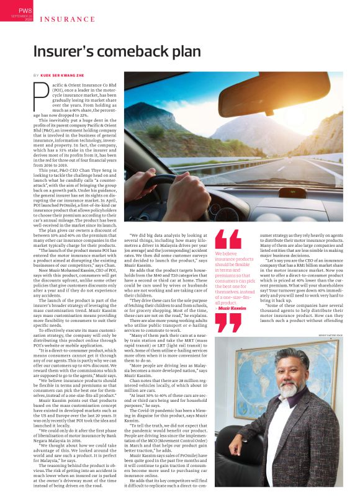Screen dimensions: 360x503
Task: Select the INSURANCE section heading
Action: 68,20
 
